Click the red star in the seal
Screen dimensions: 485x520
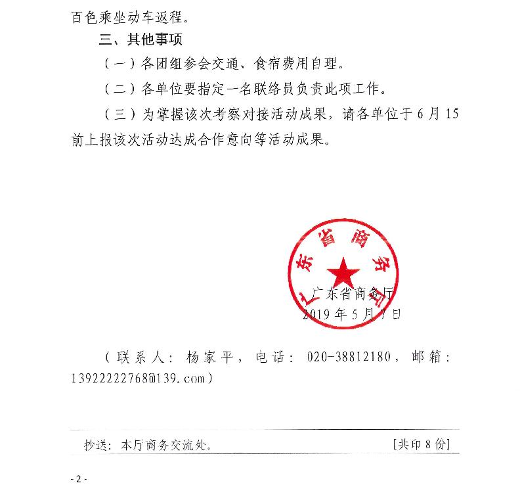[x=343, y=270]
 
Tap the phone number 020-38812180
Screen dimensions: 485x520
[x=348, y=358]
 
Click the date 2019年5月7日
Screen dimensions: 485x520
[x=351, y=314]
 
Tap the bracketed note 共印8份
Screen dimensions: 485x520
[x=420, y=444]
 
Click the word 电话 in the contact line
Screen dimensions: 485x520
[x=276, y=358]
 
